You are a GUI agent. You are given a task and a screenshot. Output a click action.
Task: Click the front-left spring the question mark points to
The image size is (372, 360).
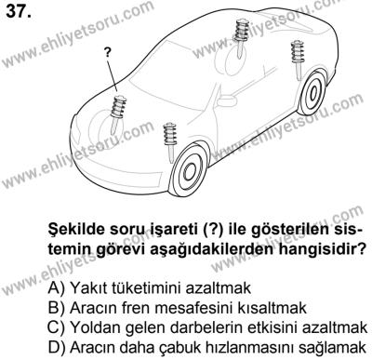click(x=119, y=105)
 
